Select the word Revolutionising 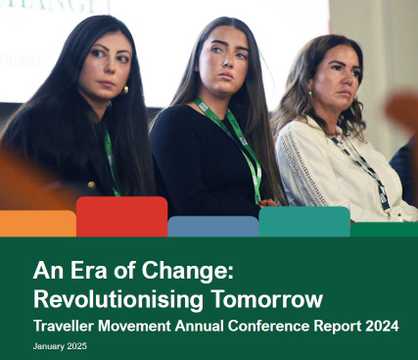click(118, 299)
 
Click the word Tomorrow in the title click(267, 299)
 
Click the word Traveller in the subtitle click(63, 326)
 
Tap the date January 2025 click(60, 346)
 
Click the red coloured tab click(122, 217)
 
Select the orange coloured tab click(38, 223)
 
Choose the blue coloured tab click(213, 227)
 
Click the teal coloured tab click(305, 222)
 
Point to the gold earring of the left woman click(125, 90)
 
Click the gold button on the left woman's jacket click(91, 185)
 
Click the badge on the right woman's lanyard click(383, 196)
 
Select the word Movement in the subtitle click(134, 326)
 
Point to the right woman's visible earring click(310, 93)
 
